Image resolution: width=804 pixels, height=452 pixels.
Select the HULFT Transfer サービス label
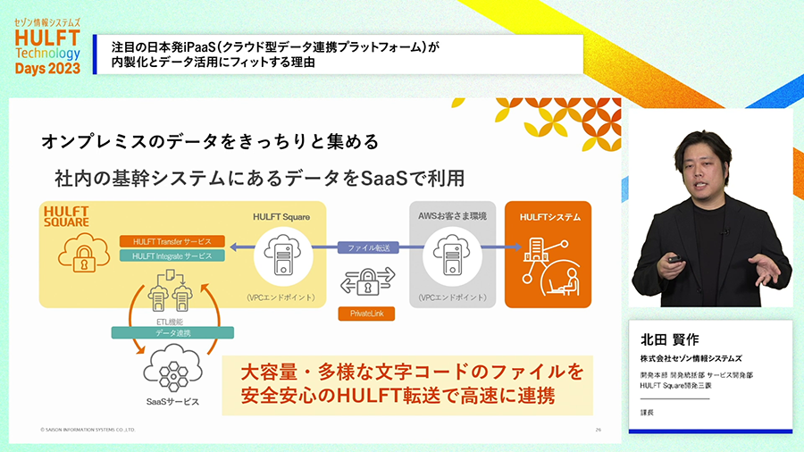coord(172,242)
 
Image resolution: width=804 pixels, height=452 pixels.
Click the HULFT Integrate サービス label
coord(172,256)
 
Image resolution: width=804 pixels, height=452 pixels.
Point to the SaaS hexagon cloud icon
coord(172,368)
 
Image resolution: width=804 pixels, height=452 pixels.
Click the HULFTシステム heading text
coord(548,217)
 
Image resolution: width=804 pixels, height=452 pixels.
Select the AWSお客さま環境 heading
coord(452,217)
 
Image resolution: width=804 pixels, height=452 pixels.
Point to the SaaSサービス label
coord(172,402)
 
